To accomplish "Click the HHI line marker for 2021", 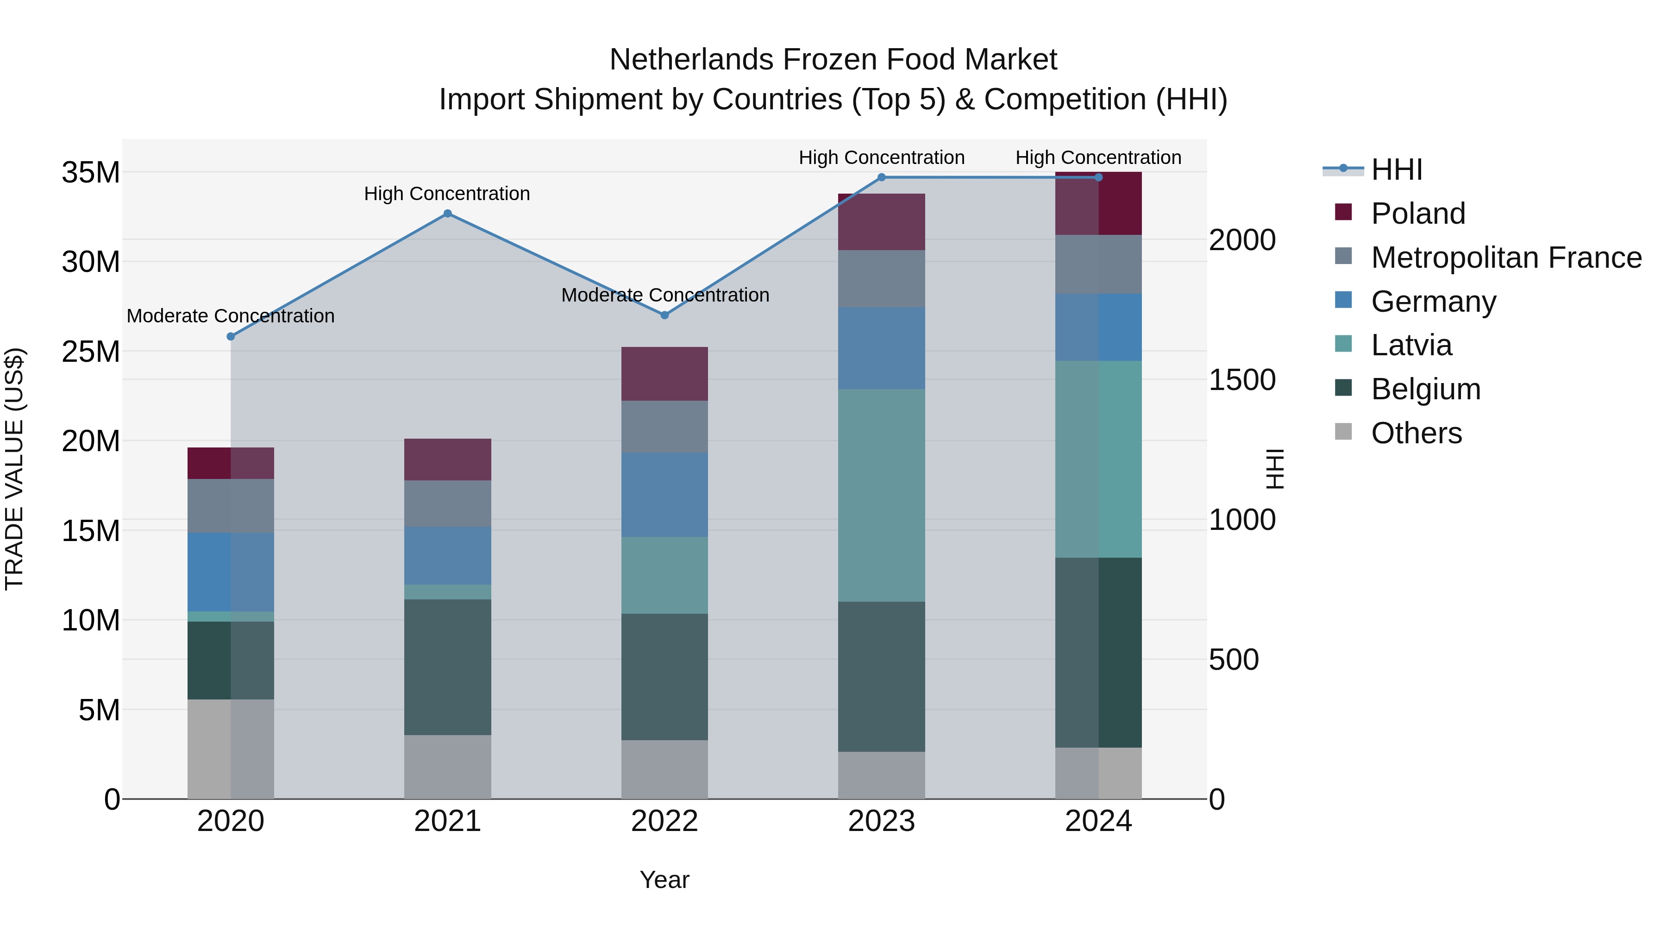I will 447,214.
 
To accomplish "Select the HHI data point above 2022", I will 664,315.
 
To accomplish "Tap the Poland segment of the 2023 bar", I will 881,222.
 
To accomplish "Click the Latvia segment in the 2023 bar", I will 881,495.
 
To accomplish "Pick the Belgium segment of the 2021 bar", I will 447,667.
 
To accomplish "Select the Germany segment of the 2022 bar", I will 664,495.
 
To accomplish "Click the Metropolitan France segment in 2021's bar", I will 447,504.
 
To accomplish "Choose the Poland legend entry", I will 1417,214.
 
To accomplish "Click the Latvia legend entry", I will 1411,345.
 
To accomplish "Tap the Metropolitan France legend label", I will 1506,258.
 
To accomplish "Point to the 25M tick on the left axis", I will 91,352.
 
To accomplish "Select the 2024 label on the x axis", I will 1098,821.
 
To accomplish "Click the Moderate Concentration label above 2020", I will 231,316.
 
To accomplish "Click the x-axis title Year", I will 664,880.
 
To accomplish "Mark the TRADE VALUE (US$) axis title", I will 14,469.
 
